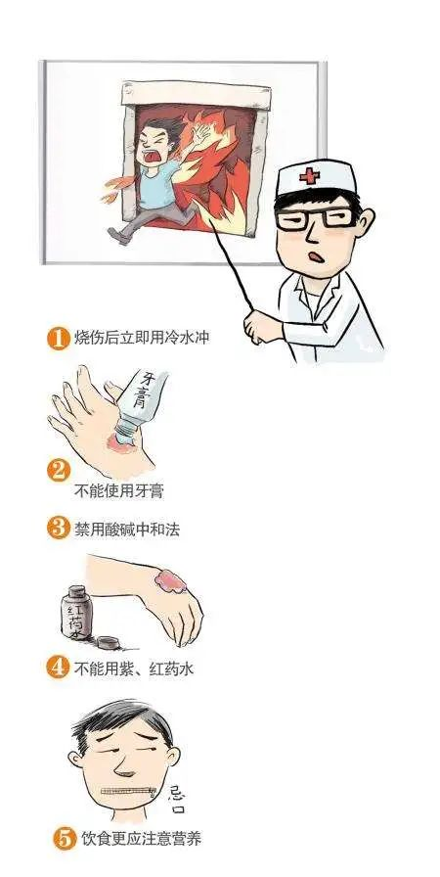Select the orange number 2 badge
(x=59, y=471)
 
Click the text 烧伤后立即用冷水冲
(x=143, y=340)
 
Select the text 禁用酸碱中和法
(x=127, y=530)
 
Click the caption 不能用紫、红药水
(x=134, y=669)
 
